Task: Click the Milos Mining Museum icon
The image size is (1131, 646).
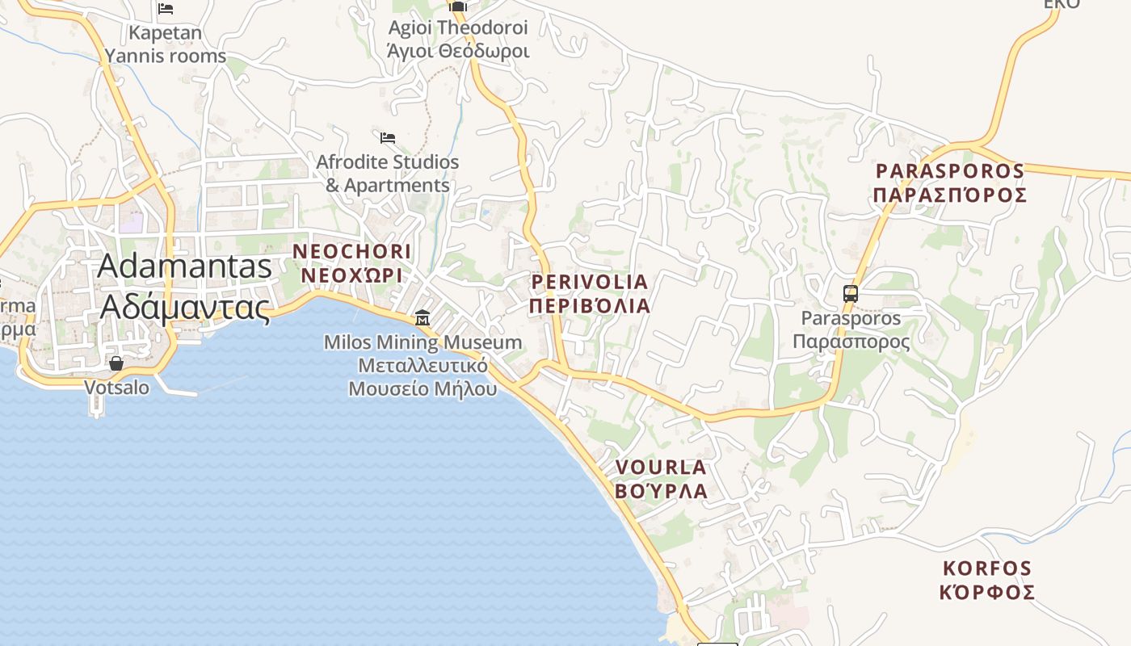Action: (422, 317)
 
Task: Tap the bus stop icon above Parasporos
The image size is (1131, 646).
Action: (851, 294)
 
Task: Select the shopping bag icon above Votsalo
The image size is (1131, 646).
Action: (116, 363)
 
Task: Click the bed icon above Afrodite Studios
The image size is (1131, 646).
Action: (388, 138)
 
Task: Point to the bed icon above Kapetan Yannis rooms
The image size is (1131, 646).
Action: (166, 9)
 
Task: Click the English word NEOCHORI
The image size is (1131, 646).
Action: (352, 251)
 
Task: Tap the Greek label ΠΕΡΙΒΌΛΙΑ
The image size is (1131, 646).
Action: (590, 306)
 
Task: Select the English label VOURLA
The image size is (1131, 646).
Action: (661, 468)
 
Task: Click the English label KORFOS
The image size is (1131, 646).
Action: (987, 568)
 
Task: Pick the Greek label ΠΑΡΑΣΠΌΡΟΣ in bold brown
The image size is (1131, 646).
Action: (950, 195)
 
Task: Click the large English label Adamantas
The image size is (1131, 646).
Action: (184, 266)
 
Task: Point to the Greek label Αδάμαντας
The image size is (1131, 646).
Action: (184, 308)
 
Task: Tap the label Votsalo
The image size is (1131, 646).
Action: (117, 388)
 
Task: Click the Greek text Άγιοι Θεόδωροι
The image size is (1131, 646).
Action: (458, 52)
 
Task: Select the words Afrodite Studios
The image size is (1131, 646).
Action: (388, 162)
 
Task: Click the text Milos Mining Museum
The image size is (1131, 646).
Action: (423, 342)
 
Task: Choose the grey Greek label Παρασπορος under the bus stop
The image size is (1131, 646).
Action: (851, 342)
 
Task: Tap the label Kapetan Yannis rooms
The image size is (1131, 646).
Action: (165, 44)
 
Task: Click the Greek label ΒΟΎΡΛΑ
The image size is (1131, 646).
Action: (661, 491)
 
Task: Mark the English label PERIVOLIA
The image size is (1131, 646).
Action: (590, 282)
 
